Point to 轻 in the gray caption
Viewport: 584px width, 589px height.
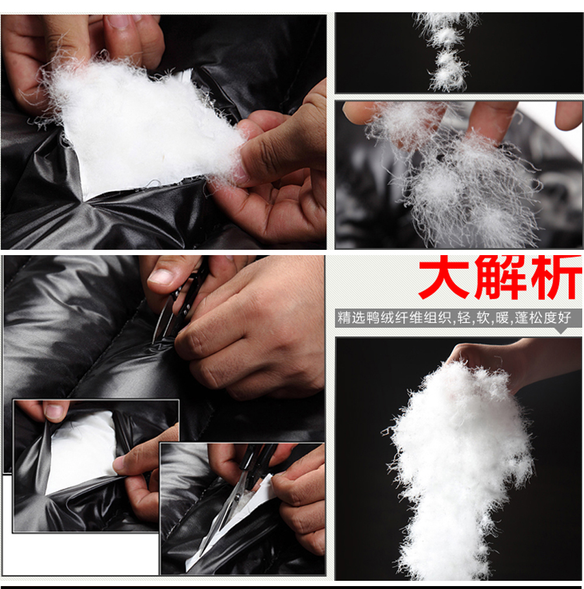click(x=467, y=319)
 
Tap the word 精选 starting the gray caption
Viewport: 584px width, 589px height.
click(x=350, y=319)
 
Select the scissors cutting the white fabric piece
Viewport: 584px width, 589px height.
click(x=239, y=496)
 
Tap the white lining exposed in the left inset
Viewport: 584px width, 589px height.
click(x=82, y=449)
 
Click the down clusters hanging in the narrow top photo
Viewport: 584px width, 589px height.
click(x=447, y=50)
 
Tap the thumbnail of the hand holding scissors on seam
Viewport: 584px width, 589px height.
click(x=161, y=277)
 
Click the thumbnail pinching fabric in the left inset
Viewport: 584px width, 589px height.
click(x=55, y=412)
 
